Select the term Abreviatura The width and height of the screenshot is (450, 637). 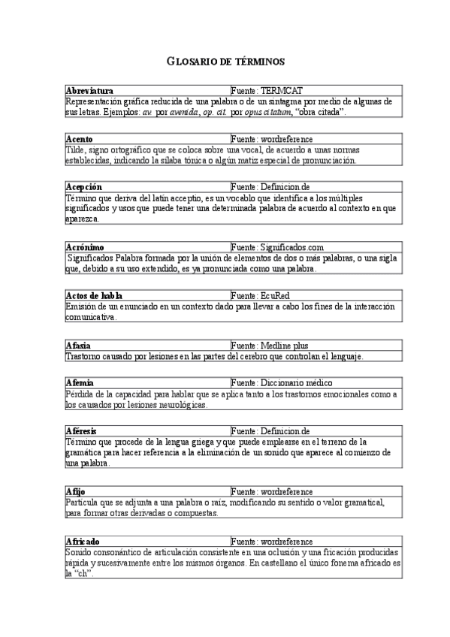89,90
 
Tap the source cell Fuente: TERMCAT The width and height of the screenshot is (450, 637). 267,90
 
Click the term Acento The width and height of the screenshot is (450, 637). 80,139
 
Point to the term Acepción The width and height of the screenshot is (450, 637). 84,186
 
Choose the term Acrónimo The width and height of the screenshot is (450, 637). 85,246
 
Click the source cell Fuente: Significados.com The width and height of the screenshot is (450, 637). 277,246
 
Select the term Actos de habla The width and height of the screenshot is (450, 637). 92,295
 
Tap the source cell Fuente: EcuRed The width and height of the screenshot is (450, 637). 262,295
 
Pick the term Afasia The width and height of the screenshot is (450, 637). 78,345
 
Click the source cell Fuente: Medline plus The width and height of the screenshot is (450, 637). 270,345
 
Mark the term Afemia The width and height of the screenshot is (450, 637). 80,382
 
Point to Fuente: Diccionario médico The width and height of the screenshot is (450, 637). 279,382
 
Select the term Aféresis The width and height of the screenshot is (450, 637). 82,431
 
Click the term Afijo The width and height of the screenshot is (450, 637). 76,491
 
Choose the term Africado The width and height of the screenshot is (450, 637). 83,541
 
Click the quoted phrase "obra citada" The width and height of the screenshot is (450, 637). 322,113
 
